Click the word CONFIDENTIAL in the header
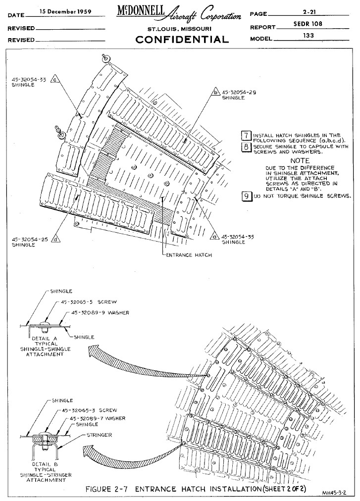coord(182,39)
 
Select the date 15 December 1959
coord(65,11)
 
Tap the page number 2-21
coord(309,11)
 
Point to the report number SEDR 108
coord(308,24)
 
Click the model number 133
coord(308,36)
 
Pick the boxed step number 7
coord(246,136)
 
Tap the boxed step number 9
coord(246,196)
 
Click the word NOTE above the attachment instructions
coord(300,161)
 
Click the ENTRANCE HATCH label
coord(189,255)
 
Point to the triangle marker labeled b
coord(216,92)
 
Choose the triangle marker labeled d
coord(56,239)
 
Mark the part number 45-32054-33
coord(29,80)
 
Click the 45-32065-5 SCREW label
coord(89,301)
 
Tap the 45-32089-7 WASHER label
coord(98,418)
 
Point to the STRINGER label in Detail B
coord(99,435)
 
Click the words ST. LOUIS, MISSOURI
coord(179,29)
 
